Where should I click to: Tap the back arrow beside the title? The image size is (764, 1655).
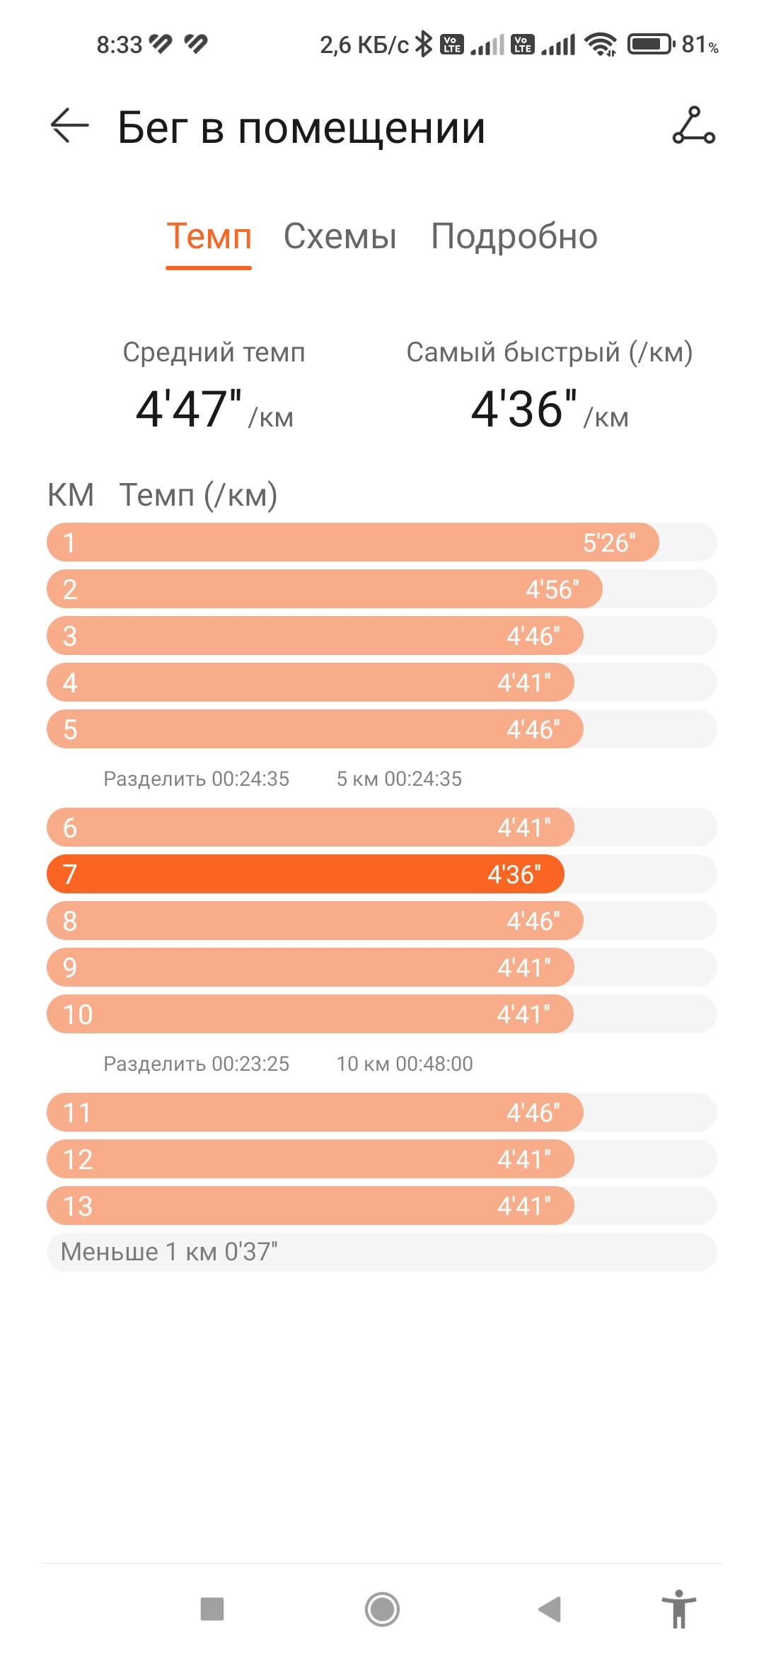tap(69, 126)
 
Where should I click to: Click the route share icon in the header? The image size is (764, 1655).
tap(693, 125)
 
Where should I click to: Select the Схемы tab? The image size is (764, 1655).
tap(340, 236)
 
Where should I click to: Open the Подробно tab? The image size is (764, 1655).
tap(514, 237)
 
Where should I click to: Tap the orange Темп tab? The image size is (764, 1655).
tap(209, 236)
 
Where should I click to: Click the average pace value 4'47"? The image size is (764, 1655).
tap(189, 409)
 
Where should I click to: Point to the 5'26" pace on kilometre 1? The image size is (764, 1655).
tap(609, 542)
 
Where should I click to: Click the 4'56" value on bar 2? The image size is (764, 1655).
tap(552, 589)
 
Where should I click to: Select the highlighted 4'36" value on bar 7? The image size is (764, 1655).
tap(514, 874)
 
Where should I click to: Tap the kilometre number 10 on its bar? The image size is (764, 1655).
tap(78, 1014)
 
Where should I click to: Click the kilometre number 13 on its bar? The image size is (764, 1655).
tap(78, 1206)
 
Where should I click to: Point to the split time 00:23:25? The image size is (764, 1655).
tap(250, 1064)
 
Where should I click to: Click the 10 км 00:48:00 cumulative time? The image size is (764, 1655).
tap(405, 1064)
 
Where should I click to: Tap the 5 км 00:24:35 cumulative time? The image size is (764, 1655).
tap(399, 779)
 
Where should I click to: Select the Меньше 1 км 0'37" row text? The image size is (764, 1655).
tap(169, 1252)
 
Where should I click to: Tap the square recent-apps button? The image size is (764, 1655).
tap(212, 1609)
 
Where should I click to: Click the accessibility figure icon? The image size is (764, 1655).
tap(679, 1609)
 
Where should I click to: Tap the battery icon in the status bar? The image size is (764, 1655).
tap(652, 45)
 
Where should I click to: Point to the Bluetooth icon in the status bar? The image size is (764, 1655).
tap(423, 44)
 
